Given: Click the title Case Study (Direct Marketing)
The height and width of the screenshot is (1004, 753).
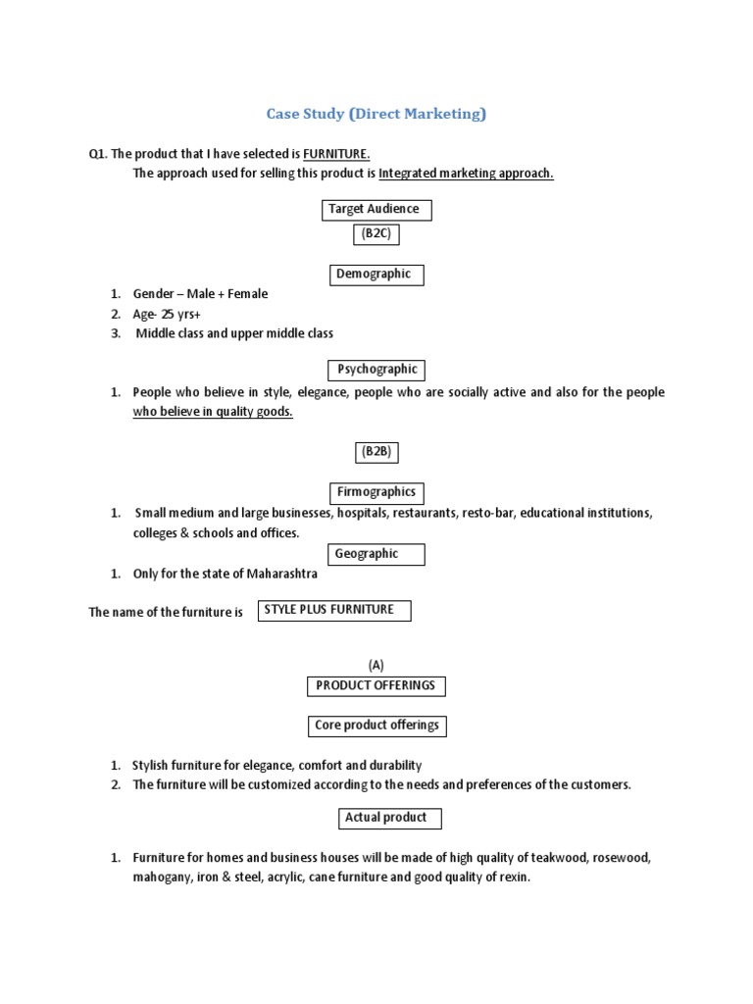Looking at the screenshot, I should pos(376,114).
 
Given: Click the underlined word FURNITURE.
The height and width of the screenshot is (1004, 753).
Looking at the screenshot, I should pos(336,154).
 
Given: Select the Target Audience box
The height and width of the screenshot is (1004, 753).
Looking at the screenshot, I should pos(376,209).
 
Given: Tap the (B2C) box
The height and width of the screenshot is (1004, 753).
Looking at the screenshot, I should pos(376,234).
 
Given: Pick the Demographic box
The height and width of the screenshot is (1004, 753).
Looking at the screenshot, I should pos(376,275).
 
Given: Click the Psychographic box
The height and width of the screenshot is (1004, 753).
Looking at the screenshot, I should pos(376,370).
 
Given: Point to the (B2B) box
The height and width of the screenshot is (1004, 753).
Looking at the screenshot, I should pos(376,452).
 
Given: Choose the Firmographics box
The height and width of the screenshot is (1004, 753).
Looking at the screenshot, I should pos(376,492).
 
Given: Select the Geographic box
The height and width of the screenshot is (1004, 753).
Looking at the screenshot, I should pos(376,554).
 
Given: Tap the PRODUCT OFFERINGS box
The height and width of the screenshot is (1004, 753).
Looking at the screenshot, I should pos(376,686).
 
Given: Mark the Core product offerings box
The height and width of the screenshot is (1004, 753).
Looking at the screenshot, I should pos(376,727).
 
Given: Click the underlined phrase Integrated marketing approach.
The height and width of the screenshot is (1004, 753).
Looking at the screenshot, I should pos(466,174).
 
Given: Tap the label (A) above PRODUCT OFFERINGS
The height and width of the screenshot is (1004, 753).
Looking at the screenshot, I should pos(376,665).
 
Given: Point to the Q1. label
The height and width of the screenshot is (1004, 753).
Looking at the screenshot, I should pos(97,154).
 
